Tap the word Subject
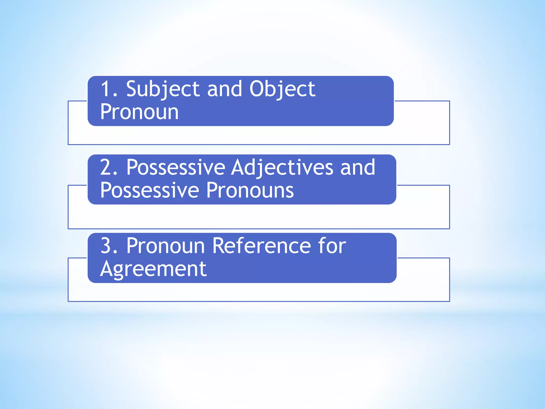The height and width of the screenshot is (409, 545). click(163, 89)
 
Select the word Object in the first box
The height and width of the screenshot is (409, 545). click(282, 89)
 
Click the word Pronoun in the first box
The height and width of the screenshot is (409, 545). click(139, 112)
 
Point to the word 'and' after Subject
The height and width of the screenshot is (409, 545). click(224, 89)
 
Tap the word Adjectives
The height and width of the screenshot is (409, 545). click(282, 167)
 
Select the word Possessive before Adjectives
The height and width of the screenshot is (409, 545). click(176, 167)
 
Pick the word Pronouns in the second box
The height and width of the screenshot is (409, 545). click(250, 190)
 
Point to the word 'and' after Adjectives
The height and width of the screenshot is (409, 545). click(358, 167)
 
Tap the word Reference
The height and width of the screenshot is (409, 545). click(261, 246)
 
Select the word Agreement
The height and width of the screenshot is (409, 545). click(153, 269)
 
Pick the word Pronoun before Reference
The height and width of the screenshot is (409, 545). click(166, 246)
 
